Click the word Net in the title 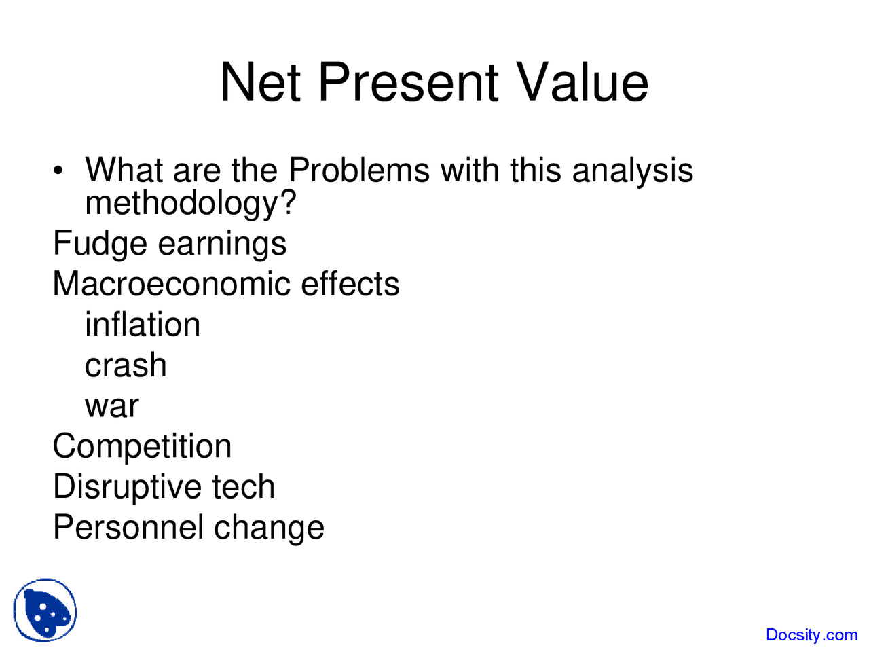coord(260,82)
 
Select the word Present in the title coord(408,82)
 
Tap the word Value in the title coord(583,82)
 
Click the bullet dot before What coord(58,170)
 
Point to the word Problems coord(359,170)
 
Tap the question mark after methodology coord(289,202)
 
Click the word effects coord(350,283)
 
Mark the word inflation coord(143,324)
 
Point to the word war coord(112,407)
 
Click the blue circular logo coord(45,610)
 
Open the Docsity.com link coord(812,634)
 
